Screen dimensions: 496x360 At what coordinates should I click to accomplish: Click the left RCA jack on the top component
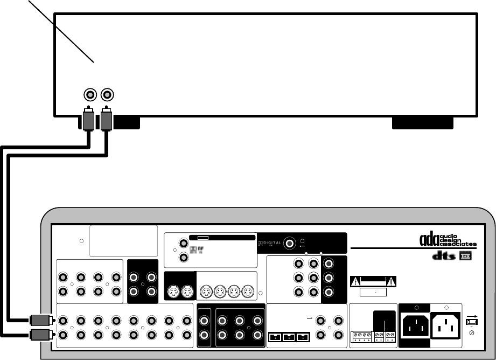pyautogui.click(x=90, y=95)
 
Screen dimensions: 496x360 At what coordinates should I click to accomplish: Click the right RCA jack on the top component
pyautogui.click(x=108, y=95)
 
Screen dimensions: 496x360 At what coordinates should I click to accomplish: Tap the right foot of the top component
pyautogui.click(x=422, y=123)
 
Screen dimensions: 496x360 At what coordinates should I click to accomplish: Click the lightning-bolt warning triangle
pyautogui.click(x=356, y=281)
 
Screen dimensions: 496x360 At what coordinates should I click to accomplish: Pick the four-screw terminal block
pyautogui.click(x=359, y=337)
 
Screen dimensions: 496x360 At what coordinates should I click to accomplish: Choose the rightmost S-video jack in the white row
pyautogui.click(x=247, y=293)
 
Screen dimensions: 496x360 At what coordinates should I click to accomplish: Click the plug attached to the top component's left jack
pyautogui.click(x=89, y=120)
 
